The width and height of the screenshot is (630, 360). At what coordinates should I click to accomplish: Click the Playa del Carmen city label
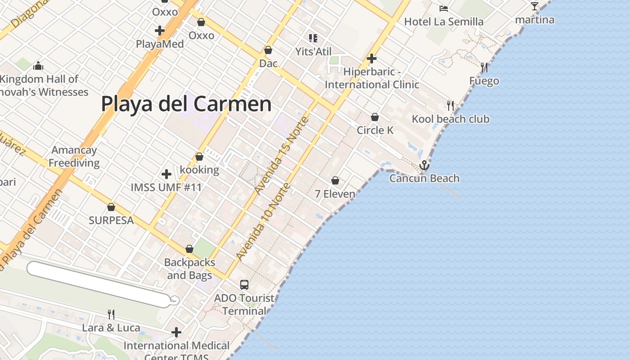pos(186,104)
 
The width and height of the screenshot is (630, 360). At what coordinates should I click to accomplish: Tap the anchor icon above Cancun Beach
pos(424,166)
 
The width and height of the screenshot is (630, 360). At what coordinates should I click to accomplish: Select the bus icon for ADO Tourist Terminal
pos(244,284)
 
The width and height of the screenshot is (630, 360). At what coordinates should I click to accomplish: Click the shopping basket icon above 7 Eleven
pos(335,180)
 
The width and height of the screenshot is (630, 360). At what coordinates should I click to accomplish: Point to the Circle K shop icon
pos(375,117)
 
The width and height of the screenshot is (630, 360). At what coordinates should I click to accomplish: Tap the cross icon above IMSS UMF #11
pos(166,174)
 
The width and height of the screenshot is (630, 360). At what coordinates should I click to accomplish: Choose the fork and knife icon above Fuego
pos(484,67)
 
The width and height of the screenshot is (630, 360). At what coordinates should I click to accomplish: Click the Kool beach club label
pos(450,119)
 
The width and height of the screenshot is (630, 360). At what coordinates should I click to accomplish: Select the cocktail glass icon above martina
pos(535,6)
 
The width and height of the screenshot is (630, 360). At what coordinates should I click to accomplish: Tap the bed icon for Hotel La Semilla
pos(444,8)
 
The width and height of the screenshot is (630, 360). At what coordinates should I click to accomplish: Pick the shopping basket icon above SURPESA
pos(111,207)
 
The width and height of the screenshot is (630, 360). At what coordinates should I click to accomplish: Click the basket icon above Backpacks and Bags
pos(189,249)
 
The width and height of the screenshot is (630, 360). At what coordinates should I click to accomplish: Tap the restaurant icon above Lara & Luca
pos(111,314)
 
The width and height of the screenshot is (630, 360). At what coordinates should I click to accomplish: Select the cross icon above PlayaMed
pos(160,31)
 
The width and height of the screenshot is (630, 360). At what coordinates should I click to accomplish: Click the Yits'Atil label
pos(313,52)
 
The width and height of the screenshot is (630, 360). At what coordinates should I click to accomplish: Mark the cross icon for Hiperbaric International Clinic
pos(372,58)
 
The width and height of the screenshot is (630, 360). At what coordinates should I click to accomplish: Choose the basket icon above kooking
pos(199,157)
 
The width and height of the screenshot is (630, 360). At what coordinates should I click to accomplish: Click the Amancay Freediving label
pos(74,156)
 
